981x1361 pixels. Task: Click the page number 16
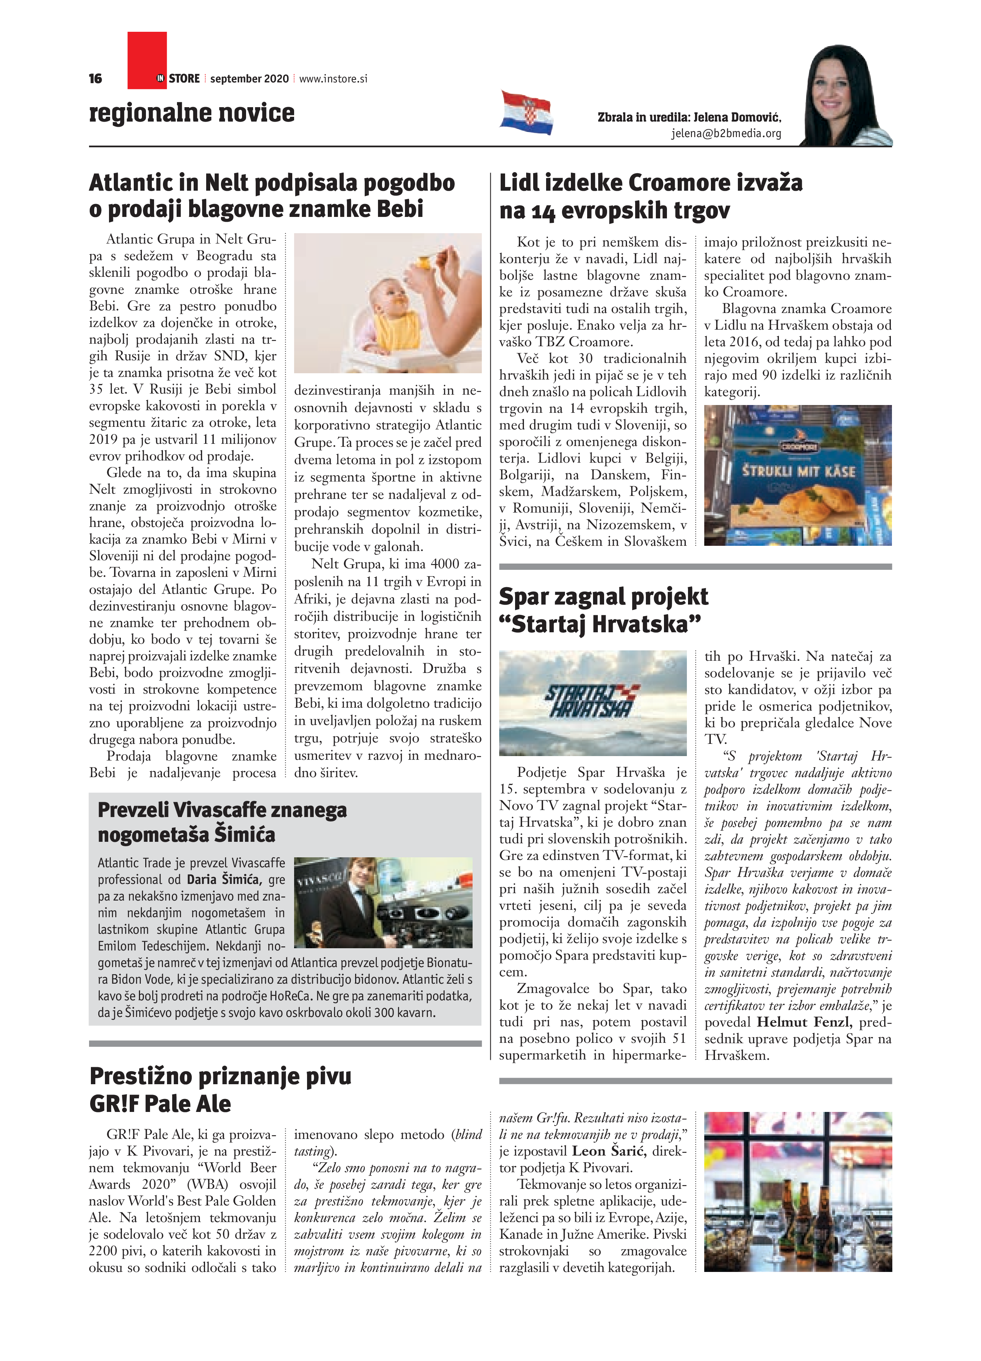click(x=95, y=79)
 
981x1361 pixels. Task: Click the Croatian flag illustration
click(x=526, y=112)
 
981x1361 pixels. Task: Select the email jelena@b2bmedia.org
click(x=726, y=133)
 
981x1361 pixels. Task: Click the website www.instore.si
click(x=333, y=79)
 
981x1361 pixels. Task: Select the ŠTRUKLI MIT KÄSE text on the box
click(x=798, y=471)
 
